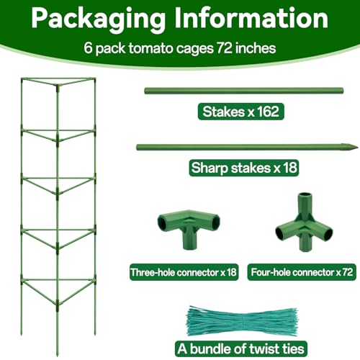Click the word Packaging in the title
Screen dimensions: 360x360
[x=99, y=19]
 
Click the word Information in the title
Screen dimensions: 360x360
[x=251, y=18]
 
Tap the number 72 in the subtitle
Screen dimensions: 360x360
[x=225, y=48]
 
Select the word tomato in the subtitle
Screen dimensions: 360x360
[x=151, y=48]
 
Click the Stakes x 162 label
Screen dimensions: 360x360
[x=240, y=112]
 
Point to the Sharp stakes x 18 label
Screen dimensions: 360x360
[x=244, y=168]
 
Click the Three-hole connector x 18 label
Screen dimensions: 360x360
[x=184, y=272]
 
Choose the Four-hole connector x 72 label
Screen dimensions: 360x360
[x=302, y=272]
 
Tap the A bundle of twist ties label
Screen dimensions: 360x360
[x=240, y=348]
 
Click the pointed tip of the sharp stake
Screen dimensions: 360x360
[x=357, y=148]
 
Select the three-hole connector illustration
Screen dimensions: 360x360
[x=189, y=228]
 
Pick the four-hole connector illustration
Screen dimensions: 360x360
[x=304, y=222]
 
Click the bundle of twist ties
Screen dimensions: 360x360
[x=242, y=320]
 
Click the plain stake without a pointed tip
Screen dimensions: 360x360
[x=243, y=91]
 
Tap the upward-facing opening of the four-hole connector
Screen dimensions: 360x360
[x=305, y=194]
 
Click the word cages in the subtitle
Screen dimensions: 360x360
[x=194, y=49]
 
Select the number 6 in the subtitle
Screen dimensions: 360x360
[x=88, y=48]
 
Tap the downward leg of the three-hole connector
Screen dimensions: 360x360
[x=189, y=240]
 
